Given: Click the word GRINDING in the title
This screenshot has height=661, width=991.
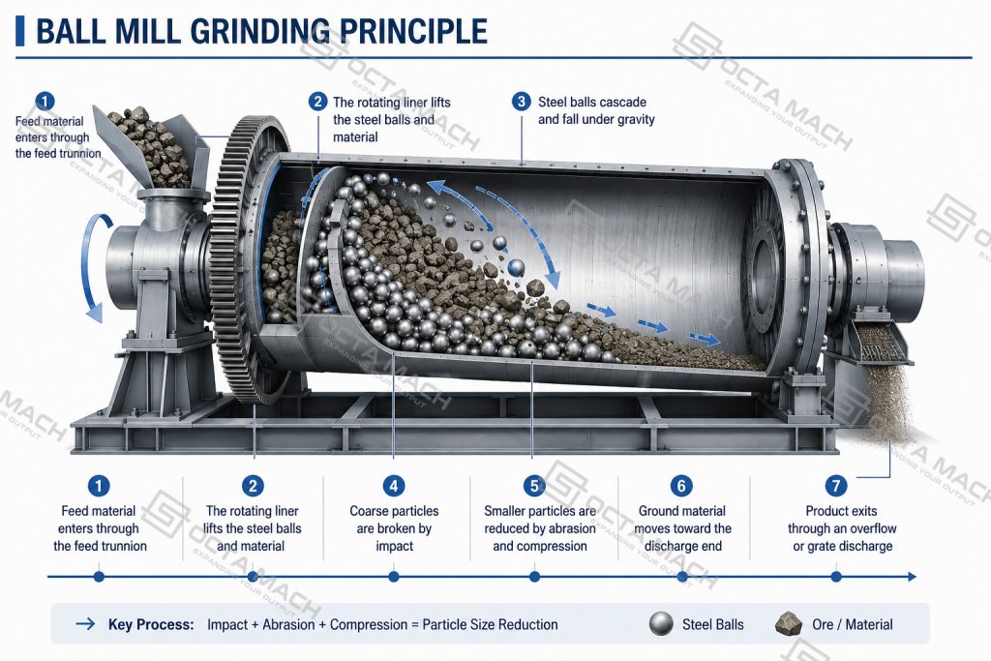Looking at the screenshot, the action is [x=259, y=31].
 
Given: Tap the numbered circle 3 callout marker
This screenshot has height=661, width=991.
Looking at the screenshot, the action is [x=521, y=102].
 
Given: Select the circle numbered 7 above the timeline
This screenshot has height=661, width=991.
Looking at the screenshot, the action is [x=836, y=485].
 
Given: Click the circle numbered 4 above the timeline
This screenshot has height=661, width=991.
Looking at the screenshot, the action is [x=394, y=485].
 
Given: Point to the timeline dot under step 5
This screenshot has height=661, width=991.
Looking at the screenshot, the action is [x=534, y=577].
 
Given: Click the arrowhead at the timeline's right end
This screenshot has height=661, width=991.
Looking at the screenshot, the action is [x=912, y=577].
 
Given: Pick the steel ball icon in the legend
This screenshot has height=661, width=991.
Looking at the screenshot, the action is [x=661, y=624].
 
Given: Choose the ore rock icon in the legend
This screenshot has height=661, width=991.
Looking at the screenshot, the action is [x=788, y=624].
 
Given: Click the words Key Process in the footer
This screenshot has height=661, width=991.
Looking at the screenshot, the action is [x=151, y=624].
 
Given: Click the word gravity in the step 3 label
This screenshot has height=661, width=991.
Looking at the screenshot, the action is [x=633, y=119].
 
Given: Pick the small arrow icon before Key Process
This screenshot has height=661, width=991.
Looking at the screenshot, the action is [x=85, y=624].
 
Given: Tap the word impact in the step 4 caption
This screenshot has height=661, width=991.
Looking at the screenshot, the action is [x=395, y=546].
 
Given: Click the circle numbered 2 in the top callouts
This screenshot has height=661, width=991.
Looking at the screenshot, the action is [x=317, y=102].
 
